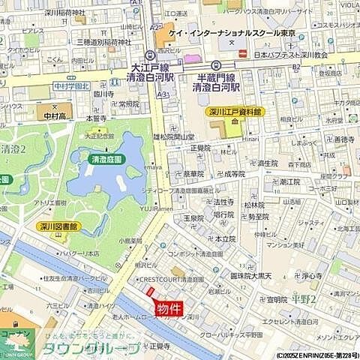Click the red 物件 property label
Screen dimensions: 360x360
169,308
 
